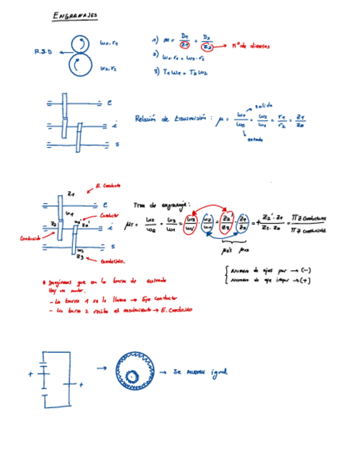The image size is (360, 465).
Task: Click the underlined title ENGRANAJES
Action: [x=75, y=16]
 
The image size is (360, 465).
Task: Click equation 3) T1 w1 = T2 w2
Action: [x=181, y=71]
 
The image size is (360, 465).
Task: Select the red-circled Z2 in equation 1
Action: [x=206, y=47]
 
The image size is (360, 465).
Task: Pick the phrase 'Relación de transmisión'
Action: [x=172, y=118]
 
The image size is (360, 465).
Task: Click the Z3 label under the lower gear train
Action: [x=80, y=257]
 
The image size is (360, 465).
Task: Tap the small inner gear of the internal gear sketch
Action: [x=132, y=376]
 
